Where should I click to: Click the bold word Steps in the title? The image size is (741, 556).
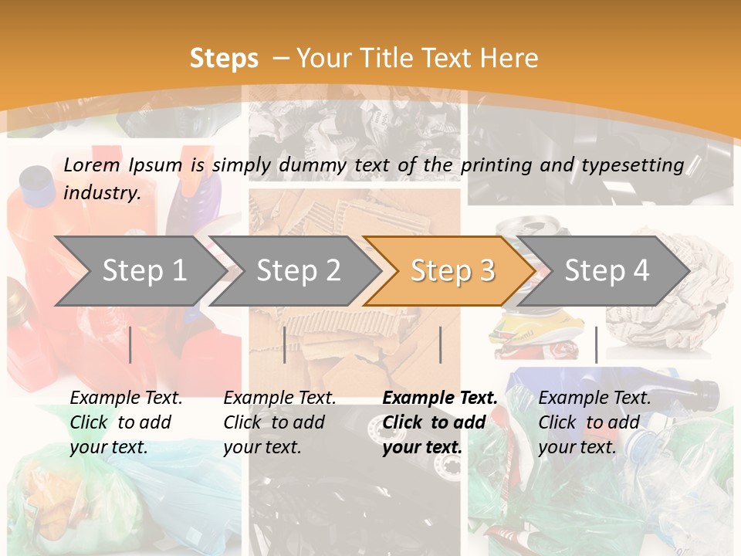(224, 58)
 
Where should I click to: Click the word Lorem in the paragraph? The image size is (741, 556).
(92, 164)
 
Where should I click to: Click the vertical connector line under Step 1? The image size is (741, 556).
(130, 344)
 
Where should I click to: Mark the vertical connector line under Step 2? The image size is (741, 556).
(285, 344)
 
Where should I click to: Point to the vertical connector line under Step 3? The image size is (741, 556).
(440, 344)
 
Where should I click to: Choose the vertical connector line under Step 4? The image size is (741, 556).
(596, 344)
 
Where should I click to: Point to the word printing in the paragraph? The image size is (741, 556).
(494, 164)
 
